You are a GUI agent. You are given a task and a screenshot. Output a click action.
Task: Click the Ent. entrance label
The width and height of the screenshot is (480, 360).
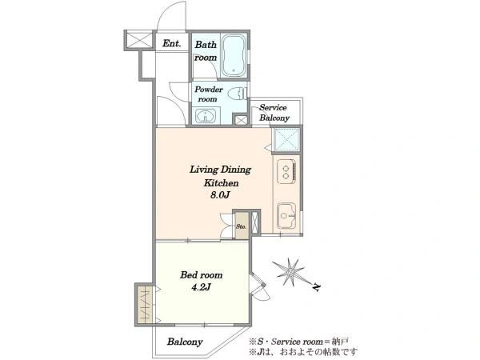(x=171, y=43)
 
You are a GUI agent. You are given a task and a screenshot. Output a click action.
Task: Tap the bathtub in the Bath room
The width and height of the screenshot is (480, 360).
(x=234, y=55)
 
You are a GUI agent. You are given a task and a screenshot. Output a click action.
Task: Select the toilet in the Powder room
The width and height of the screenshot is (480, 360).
(x=237, y=94)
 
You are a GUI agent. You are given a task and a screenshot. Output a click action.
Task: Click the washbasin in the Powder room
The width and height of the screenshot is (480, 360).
(x=206, y=116)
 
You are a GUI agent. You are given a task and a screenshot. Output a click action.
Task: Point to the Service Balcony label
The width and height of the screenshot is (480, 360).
(x=274, y=113)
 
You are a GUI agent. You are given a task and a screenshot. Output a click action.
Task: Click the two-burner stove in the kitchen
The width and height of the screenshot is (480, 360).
(x=286, y=172)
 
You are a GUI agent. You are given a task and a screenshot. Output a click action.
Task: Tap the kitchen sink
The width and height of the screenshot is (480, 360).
(x=286, y=215)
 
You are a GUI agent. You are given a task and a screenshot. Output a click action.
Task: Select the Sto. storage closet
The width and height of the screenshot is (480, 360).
(x=242, y=226)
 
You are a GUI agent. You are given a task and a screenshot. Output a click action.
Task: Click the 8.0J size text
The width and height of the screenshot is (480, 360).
(x=220, y=195)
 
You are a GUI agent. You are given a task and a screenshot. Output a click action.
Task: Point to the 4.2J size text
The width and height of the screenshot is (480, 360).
(x=201, y=287)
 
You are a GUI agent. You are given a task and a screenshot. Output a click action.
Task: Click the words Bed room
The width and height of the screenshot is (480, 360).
(x=201, y=275)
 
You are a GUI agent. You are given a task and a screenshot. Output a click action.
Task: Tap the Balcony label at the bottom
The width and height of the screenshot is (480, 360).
(x=185, y=342)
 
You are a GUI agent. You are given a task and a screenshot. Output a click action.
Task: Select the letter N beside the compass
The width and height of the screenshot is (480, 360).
(x=316, y=287)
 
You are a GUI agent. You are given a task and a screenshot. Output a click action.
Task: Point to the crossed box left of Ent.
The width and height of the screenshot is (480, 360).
(x=139, y=40)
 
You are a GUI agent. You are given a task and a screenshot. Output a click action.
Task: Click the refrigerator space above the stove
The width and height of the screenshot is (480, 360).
(x=286, y=140)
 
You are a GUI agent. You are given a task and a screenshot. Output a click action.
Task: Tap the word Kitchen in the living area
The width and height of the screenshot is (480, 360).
(x=221, y=183)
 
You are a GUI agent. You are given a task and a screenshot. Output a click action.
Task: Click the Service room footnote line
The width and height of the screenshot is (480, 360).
(x=298, y=342)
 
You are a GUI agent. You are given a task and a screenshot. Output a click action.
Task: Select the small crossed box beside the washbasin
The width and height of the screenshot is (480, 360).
(x=241, y=120)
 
